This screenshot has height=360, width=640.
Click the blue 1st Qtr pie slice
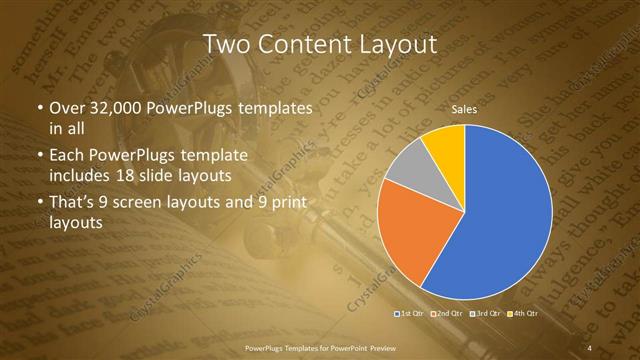[500, 220]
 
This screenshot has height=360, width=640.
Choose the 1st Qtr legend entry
[409, 314]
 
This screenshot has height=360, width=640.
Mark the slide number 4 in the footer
[589, 347]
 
